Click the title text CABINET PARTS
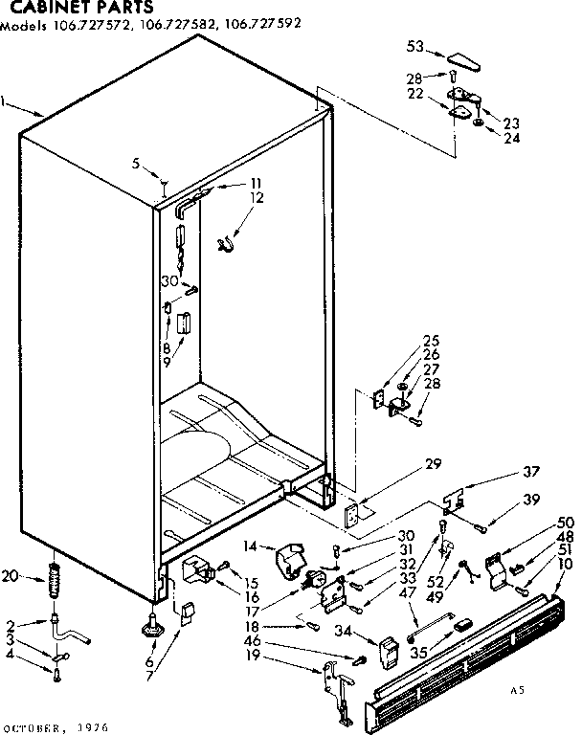pos(60,7)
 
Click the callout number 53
pos(414,46)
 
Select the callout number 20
pos(11,575)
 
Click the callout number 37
pos(530,472)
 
